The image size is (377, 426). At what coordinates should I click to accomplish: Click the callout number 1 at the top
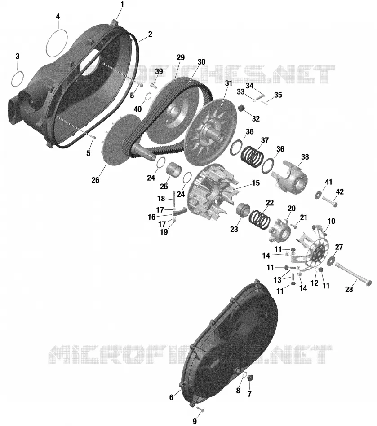pos(122,4)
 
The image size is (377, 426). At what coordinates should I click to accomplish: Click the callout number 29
pos(181,57)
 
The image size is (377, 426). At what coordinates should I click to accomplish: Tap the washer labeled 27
pos(332,260)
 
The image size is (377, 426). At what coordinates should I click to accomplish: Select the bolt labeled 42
pos(330,201)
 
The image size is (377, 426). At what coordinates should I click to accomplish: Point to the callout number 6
pos(171,397)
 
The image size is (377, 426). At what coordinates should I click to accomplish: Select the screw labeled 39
pos(153,84)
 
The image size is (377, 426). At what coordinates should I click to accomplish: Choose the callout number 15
pos(256,183)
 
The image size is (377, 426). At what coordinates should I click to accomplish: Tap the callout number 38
pos(305,157)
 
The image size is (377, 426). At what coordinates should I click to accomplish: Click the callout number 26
pos(95,180)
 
